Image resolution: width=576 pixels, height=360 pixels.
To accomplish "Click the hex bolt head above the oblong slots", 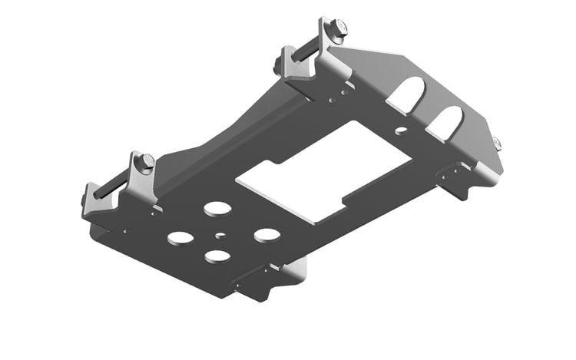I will click(338, 29).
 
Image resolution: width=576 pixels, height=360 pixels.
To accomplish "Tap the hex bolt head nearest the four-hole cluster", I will click(147, 162).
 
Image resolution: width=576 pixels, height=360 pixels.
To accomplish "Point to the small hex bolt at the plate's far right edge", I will click(496, 143).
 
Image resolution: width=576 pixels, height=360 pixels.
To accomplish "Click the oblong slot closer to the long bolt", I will click(408, 94).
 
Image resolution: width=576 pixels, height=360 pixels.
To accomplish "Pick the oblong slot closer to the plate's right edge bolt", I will click(448, 121).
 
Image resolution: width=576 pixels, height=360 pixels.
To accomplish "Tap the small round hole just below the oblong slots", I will click(399, 131).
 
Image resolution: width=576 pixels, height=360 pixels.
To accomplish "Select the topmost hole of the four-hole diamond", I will click(217, 209).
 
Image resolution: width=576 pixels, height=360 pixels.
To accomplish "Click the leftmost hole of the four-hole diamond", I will click(180, 238).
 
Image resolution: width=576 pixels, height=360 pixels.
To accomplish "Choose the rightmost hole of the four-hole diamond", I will click(266, 234).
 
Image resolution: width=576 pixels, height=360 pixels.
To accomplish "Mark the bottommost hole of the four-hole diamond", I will click(217, 256).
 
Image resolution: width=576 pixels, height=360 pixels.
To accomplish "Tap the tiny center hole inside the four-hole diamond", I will click(220, 235).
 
